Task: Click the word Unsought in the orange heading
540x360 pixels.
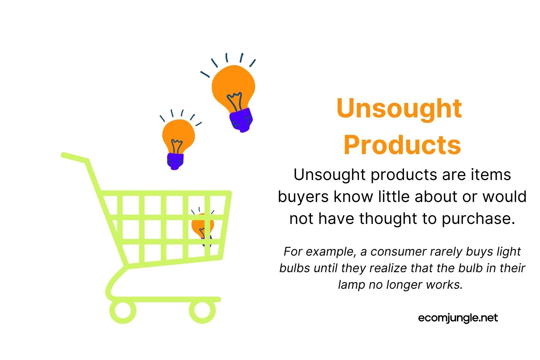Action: click(x=399, y=109)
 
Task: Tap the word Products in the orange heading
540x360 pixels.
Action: click(x=402, y=145)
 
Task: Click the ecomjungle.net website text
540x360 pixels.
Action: click(x=458, y=318)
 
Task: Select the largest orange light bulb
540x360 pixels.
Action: click(x=233, y=86)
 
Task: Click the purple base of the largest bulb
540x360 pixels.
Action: click(x=241, y=120)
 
